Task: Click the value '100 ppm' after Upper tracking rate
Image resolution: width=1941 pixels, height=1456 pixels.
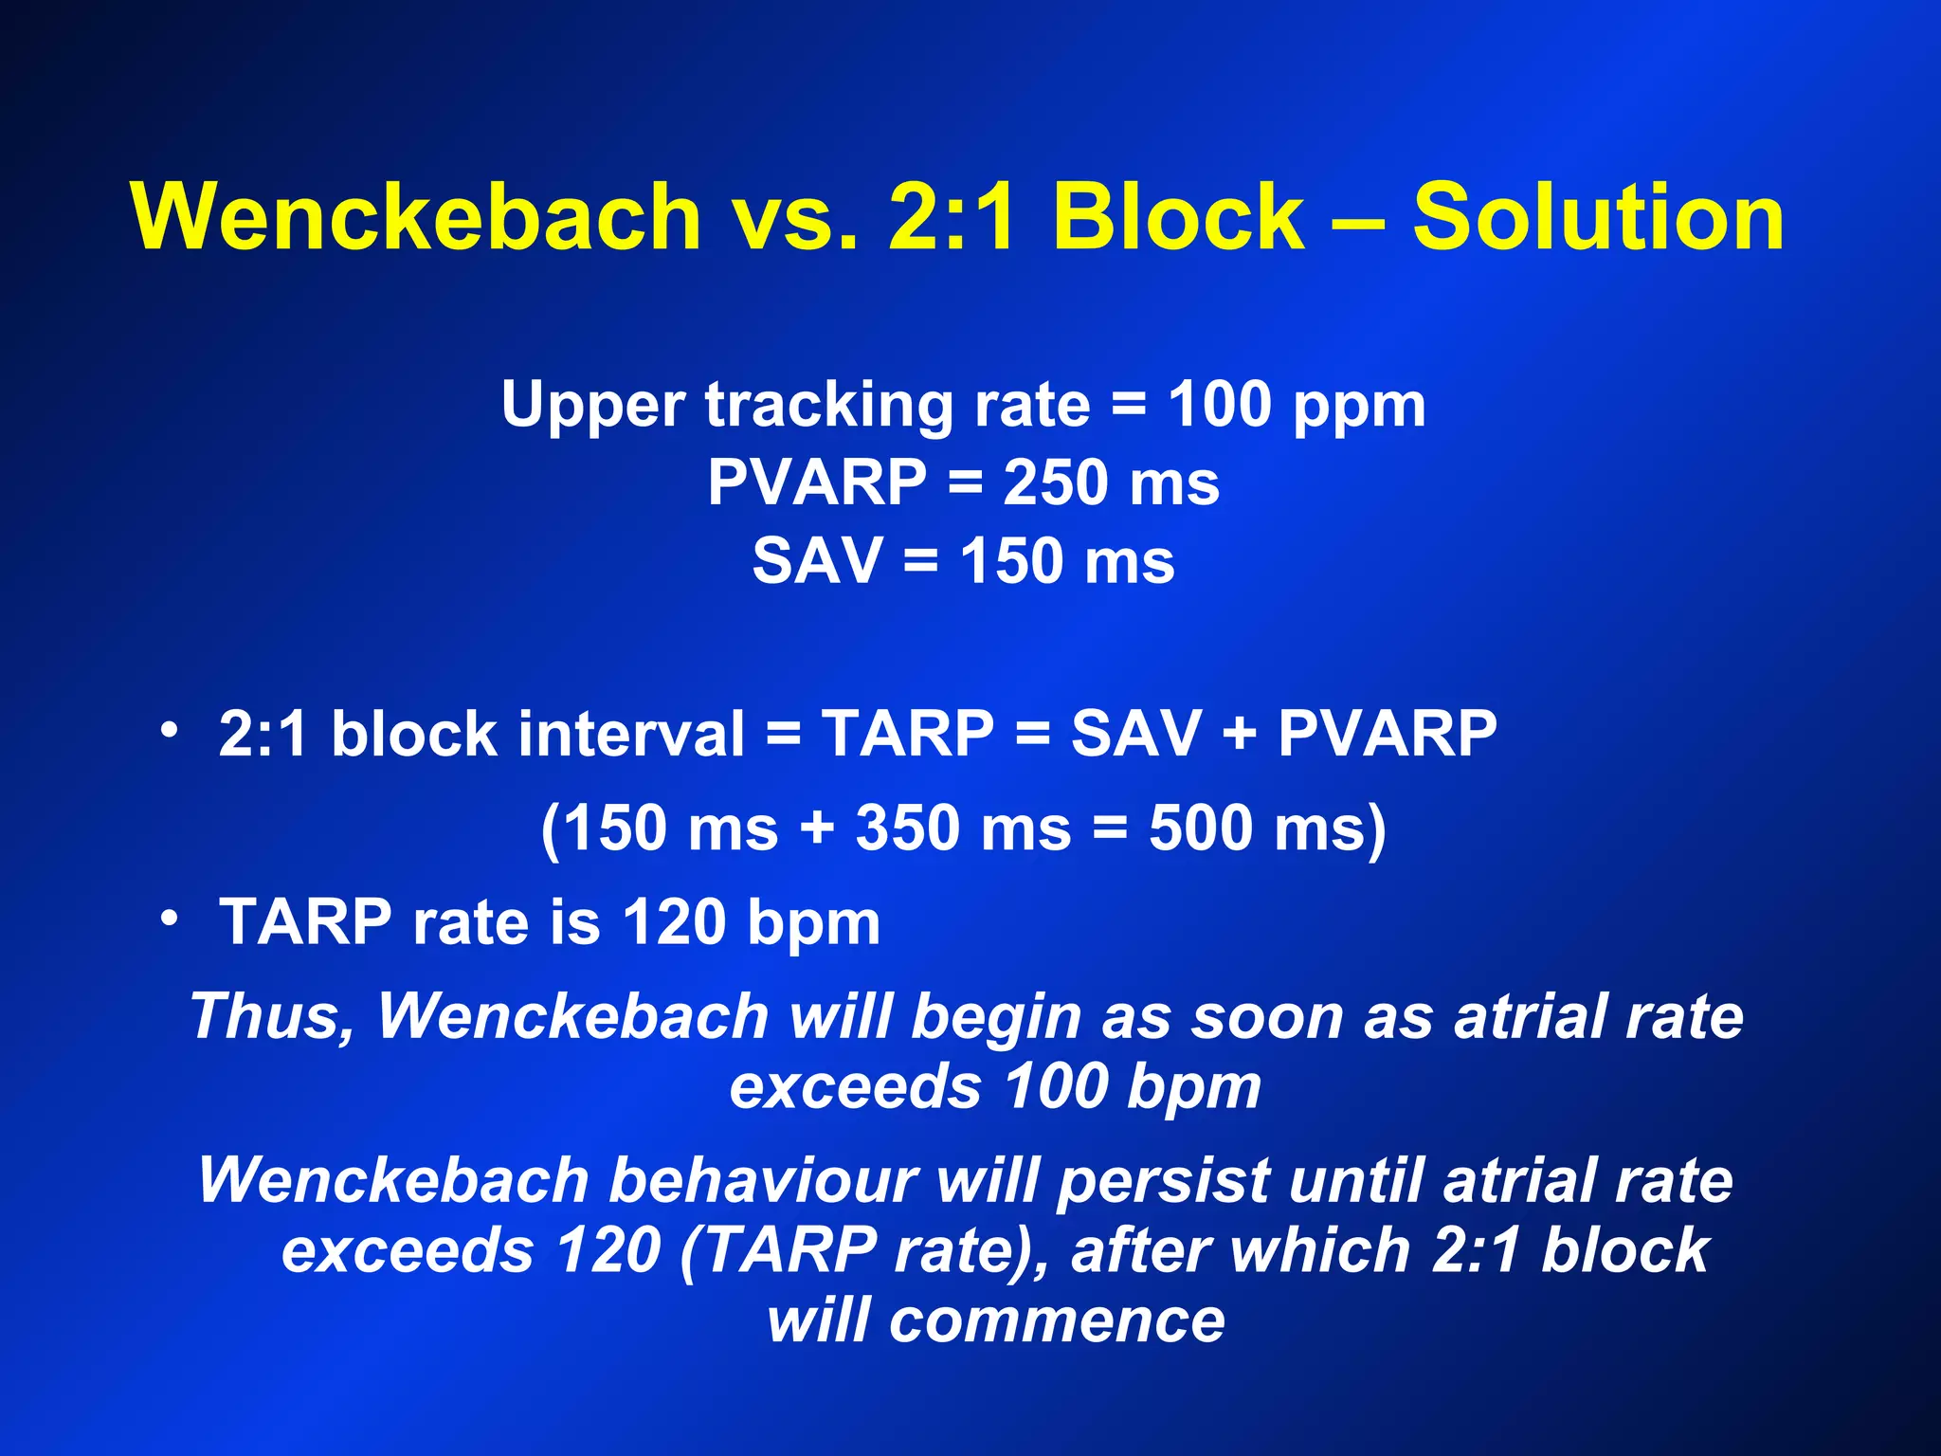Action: point(1296,405)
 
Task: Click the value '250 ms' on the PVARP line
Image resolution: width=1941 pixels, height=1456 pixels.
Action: point(1111,482)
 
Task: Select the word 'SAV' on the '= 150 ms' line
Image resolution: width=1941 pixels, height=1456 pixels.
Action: point(817,560)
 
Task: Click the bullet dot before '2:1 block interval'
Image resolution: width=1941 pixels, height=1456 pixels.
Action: point(170,730)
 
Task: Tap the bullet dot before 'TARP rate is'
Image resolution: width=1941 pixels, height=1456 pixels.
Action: point(170,918)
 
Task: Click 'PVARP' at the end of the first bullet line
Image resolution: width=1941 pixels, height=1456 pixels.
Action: point(1387,734)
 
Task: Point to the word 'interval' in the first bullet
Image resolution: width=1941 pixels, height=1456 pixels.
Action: point(632,734)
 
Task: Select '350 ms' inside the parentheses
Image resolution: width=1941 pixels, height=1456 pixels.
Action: point(963,828)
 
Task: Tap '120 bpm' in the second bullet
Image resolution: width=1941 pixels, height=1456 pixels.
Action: point(751,921)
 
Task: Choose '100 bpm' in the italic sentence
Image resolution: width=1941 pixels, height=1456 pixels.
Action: point(1133,1086)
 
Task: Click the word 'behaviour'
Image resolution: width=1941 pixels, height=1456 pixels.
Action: point(762,1181)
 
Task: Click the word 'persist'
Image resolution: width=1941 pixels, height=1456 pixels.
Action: point(1163,1181)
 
